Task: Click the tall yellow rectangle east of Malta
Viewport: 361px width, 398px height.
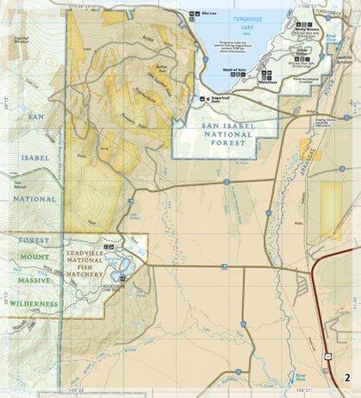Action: [331, 210]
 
